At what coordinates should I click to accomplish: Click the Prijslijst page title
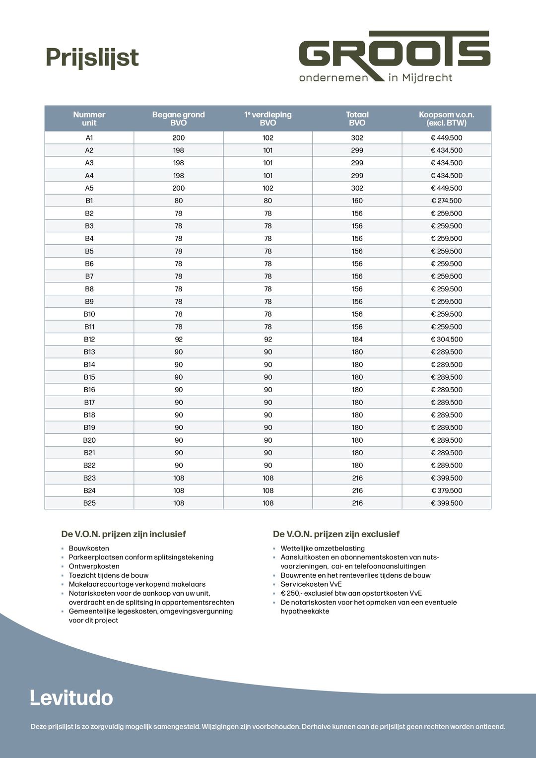coord(92,58)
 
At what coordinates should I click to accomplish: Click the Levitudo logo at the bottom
coord(71,697)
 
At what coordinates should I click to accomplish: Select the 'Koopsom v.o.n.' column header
coord(446,119)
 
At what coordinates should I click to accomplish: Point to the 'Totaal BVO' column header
coord(357,119)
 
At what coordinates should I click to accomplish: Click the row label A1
coord(89,138)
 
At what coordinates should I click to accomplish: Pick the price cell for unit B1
coord(446,201)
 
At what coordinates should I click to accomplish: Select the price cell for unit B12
coord(446,340)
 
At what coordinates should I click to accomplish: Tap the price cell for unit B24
coord(446,490)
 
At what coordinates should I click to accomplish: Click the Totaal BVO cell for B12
coord(357,340)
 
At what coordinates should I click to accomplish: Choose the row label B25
coord(89,503)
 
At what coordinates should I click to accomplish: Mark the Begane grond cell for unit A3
coord(179,163)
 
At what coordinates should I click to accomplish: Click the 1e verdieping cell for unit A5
coord(268,188)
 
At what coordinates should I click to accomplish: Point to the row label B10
coord(89,314)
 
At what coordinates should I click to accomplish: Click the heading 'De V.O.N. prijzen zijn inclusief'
coord(124,534)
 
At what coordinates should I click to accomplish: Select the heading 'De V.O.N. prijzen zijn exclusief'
coord(336,534)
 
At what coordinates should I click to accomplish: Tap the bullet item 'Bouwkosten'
coord(89,549)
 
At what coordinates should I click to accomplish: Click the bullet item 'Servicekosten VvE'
coord(311,584)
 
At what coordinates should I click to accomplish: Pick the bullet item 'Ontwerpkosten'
coord(94,566)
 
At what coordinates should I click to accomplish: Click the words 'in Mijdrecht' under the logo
coord(420,78)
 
